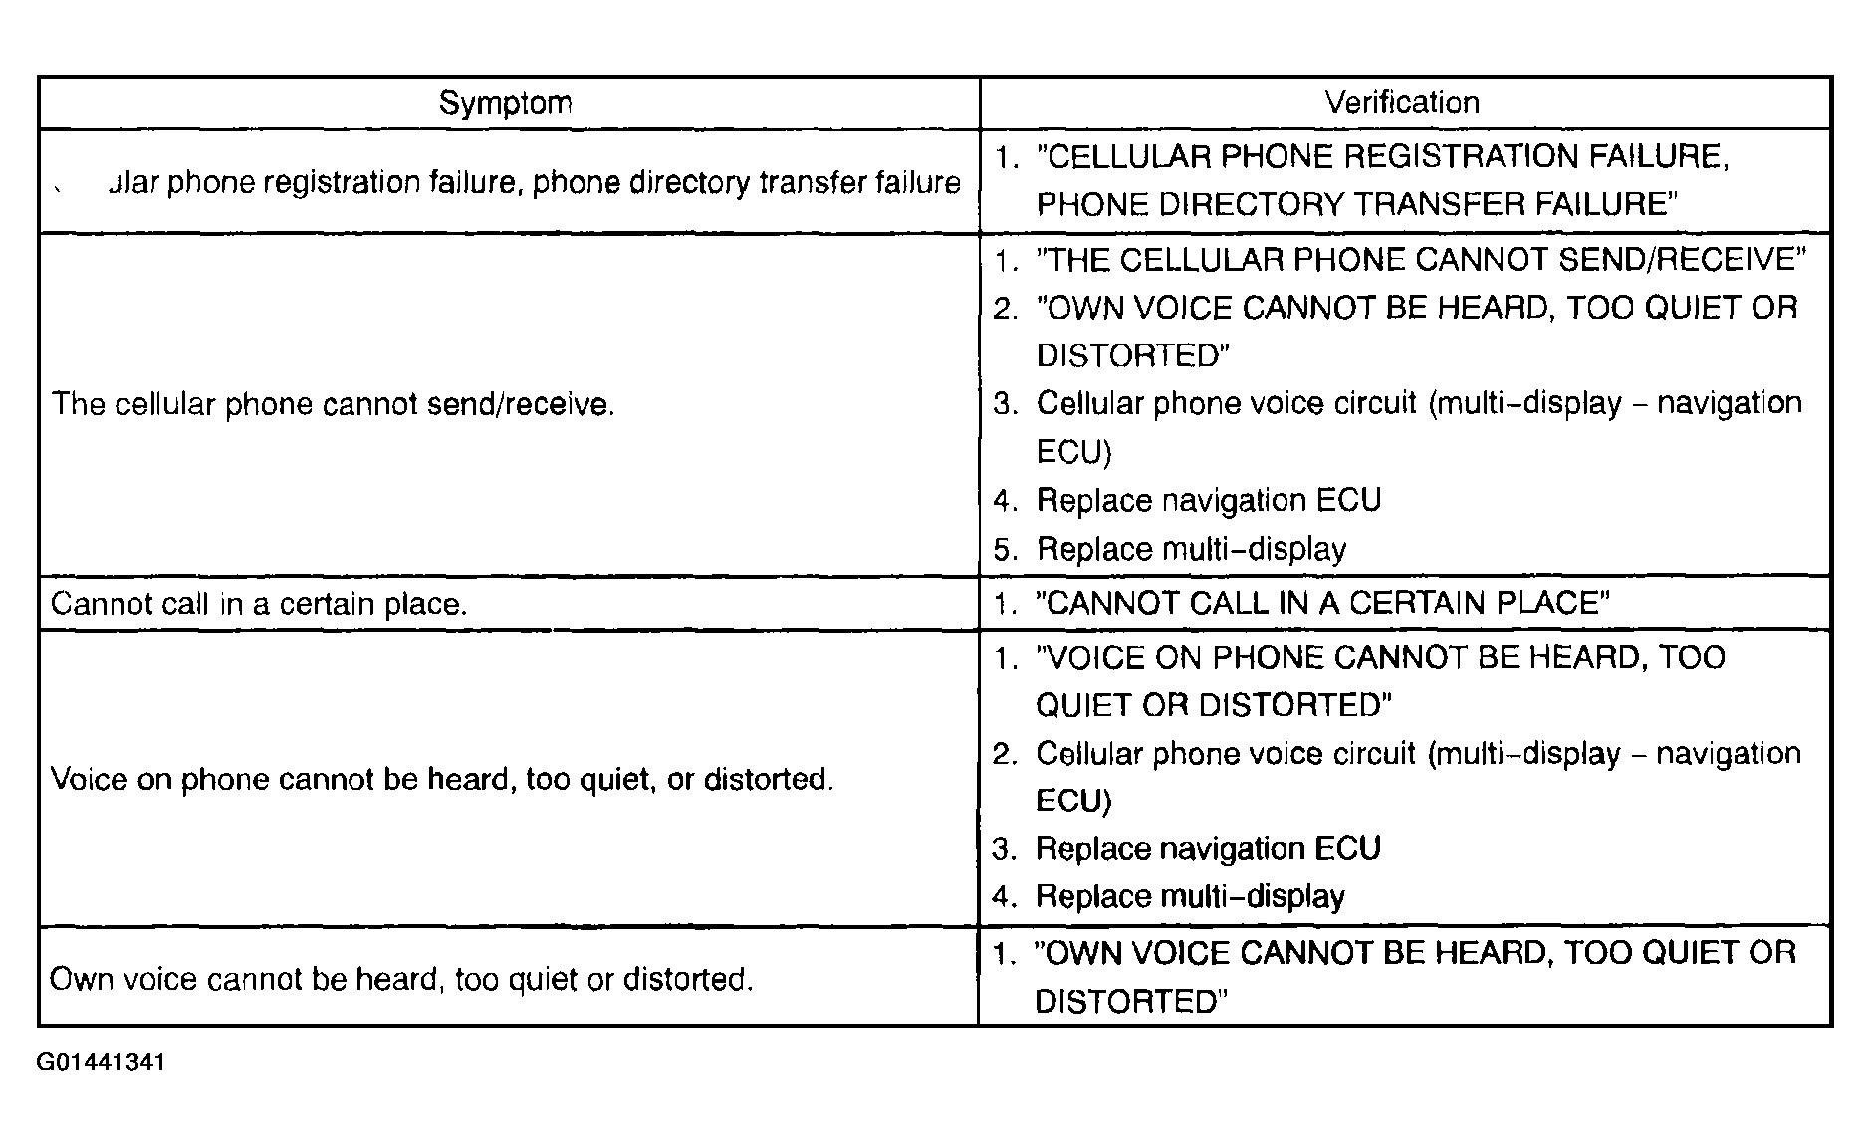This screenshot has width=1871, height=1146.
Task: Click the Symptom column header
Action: click(505, 103)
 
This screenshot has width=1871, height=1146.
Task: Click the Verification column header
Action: click(1401, 102)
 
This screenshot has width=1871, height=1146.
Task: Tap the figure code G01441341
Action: click(101, 1062)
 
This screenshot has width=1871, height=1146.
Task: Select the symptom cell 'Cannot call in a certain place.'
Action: click(259, 604)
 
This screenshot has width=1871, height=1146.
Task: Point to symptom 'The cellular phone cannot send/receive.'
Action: click(333, 404)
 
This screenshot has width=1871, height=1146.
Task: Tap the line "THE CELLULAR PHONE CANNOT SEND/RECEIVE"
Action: click(1421, 260)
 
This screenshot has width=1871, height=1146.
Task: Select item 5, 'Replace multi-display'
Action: click(1191, 549)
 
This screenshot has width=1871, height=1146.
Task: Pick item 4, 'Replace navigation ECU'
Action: click(1208, 500)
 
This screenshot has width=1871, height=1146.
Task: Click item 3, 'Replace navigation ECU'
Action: click(1208, 849)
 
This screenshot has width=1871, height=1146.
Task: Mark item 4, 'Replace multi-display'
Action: click(1190, 897)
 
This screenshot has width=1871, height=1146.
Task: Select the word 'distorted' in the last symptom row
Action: click(687, 979)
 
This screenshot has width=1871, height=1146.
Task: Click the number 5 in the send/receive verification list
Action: click(1002, 550)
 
